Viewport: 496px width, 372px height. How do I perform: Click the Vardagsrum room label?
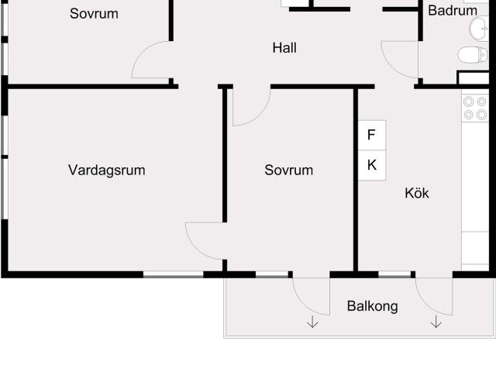[106, 170]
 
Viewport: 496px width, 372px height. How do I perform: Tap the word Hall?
[284, 48]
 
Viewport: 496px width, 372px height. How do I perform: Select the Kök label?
[416, 193]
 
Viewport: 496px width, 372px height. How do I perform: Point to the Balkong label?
[372, 306]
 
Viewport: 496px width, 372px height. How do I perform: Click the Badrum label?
[453, 11]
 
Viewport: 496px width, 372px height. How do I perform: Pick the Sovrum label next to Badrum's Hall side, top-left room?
[94, 13]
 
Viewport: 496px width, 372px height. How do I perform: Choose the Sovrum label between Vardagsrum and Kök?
[288, 170]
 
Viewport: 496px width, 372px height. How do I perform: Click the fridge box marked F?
[371, 135]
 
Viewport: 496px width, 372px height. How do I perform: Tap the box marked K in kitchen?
[371, 164]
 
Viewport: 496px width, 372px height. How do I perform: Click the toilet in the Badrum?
[471, 54]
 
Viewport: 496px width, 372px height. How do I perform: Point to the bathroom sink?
[477, 29]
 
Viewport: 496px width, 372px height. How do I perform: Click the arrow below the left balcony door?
[312, 322]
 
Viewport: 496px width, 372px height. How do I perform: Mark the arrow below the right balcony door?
[436, 322]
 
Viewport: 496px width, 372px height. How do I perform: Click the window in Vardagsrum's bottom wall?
[174, 274]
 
